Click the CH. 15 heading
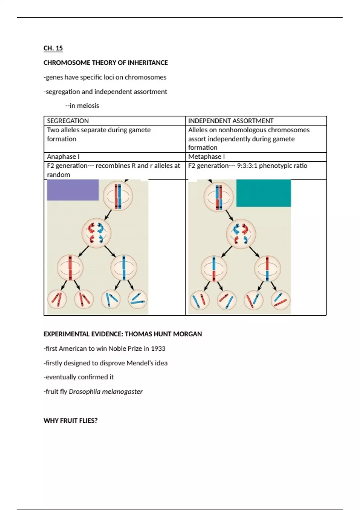pos(53,48)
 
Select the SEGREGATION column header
pos(68,121)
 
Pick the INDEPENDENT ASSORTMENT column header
pos(231,121)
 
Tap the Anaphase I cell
pos(63,157)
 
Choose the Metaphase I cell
pos(206,157)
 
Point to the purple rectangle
pos(73,190)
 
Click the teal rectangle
pos(263,193)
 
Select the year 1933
pos(158,349)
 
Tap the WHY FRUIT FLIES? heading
pos(70,421)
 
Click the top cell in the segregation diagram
pos(118,196)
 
